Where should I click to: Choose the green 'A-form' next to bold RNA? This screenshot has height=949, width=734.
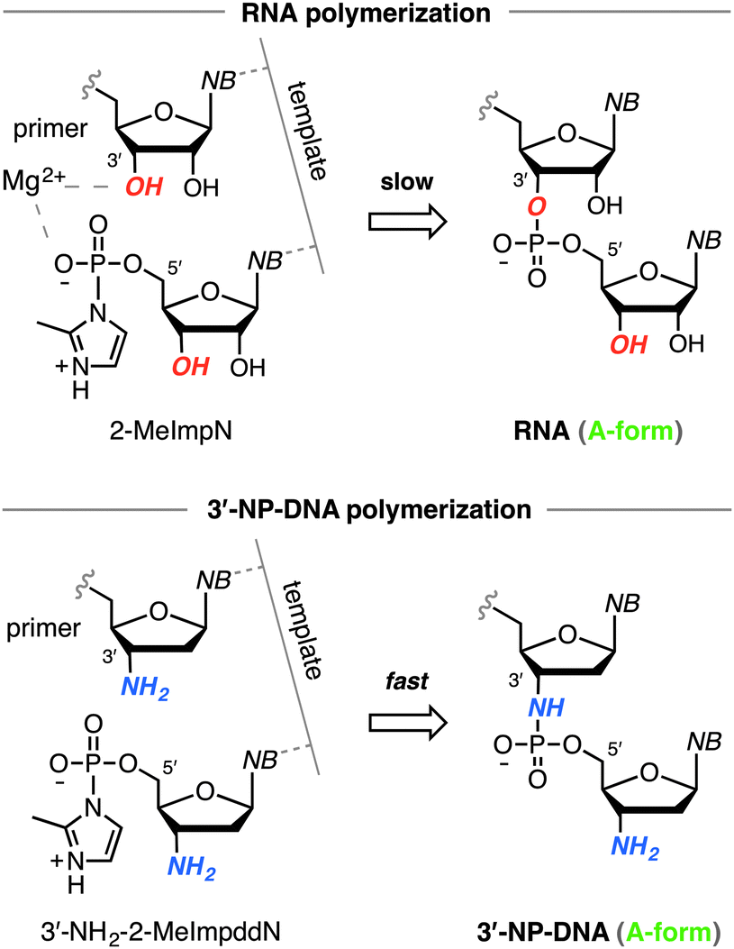tap(639, 433)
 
